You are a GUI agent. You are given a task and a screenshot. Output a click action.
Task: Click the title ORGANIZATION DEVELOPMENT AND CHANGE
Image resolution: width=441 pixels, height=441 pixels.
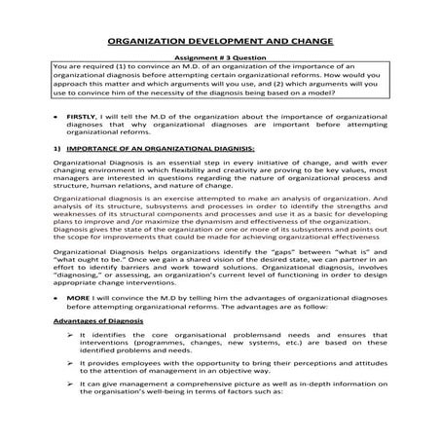point(220,42)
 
